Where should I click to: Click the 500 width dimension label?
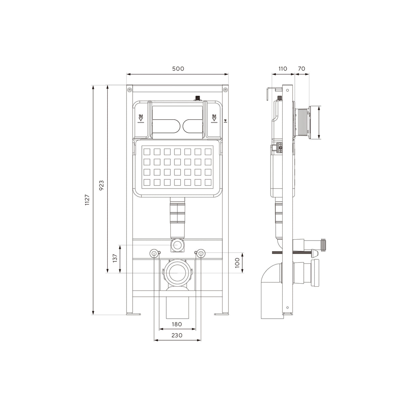pos(178,69)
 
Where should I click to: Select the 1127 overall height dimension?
pos(87,200)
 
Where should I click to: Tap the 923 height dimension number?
pos(102,185)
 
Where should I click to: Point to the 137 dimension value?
pos(115,258)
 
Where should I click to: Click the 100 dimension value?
pos(237,263)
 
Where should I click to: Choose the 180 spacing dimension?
pos(177,324)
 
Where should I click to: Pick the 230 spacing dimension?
pos(177,335)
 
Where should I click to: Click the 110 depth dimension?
pos(283,69)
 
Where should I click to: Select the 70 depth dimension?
pos(301,69)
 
